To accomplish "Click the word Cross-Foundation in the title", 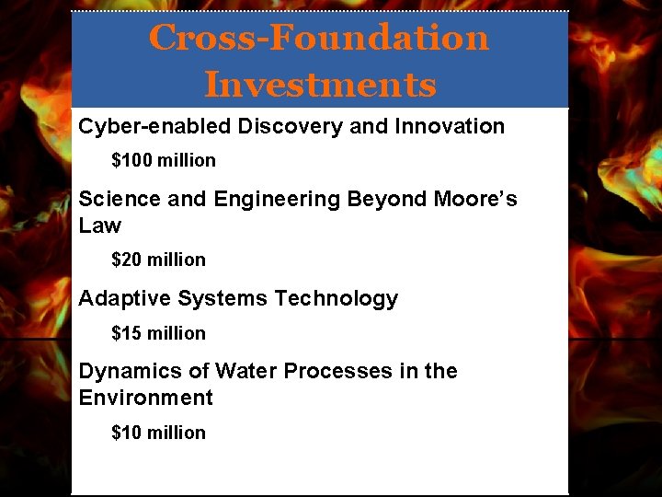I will click(319, 38).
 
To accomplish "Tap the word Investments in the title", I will click(319, 85).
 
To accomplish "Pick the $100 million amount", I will click(164, 160).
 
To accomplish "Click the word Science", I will click(116, 199).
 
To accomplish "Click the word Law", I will click(100, 225).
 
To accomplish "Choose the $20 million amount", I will click(158, 260).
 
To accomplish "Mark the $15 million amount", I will click(158, 333).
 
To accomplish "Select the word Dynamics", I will click(129, 372).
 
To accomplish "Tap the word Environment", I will click(145, 398).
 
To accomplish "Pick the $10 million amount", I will click(158, 433).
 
